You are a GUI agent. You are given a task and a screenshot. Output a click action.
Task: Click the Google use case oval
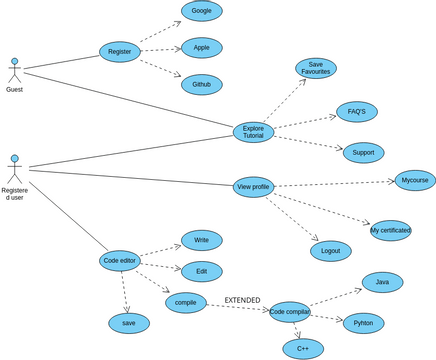point(201,11)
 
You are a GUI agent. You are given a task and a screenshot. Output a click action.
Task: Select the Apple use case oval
point(201,48)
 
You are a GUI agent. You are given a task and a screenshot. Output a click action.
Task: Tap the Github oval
point(201,84)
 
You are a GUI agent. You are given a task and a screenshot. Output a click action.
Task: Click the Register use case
point(119,52)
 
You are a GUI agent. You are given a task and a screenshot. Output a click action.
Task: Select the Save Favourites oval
point(315,68)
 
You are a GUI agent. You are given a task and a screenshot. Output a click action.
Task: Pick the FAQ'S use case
point(356,112)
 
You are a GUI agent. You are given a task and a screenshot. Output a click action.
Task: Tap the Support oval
point(363,153)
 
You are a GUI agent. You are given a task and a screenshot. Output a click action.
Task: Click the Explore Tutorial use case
point(253,132)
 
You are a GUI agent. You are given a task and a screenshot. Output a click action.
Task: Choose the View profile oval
point(253,187)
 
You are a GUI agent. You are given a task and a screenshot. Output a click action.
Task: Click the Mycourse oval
point(414,181)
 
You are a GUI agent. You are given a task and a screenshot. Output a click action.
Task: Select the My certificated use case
point(390,230)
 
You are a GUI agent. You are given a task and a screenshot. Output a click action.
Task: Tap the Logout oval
point(330,251)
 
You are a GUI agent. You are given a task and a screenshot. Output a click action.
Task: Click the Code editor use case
point(120,261)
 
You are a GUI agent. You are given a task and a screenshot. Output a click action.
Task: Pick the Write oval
point(201,240)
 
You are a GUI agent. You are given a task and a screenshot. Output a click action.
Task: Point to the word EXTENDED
point(242,300)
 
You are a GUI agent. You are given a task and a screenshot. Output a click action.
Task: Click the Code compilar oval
point(290,312)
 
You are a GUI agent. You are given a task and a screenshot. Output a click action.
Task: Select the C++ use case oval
point(302,349)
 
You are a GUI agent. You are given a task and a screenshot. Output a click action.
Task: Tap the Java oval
point(382,282)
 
